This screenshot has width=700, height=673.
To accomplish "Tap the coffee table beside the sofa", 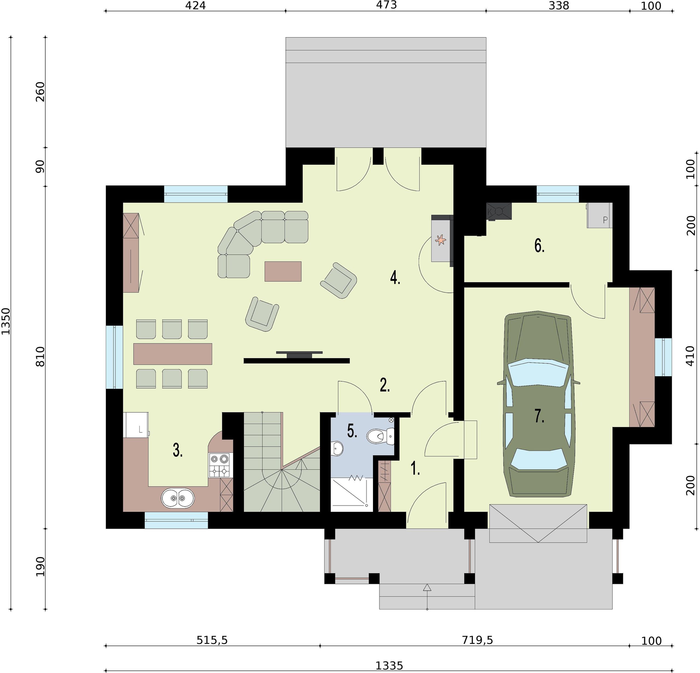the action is coord(283,271).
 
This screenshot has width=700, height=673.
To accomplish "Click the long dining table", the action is coord(173,354).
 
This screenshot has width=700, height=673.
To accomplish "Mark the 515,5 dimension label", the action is coord(212,640).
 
